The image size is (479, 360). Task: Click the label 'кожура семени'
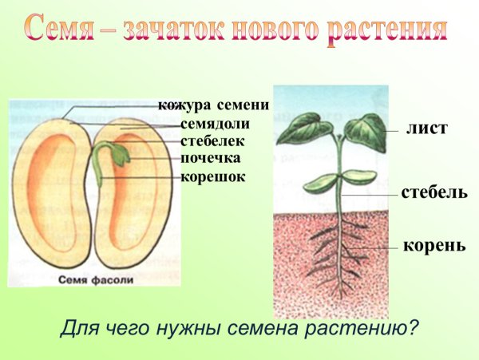[212, 105]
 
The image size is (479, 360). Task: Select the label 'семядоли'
[215, 124]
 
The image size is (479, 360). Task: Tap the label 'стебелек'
[212, 140]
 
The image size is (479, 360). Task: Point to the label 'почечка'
[210, 158]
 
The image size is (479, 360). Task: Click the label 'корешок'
[212, 176]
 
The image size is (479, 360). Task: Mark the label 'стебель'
[434, 193]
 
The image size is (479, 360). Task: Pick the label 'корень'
[434, 245]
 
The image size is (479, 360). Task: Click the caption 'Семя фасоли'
[93, 281]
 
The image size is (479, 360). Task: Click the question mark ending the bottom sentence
[413, 327]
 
